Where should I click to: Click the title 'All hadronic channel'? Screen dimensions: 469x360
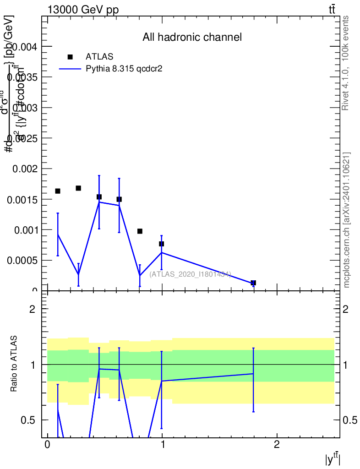point(192,37)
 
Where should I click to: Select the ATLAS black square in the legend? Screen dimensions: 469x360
point(70,57)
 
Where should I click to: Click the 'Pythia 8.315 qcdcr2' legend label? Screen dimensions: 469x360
point(125,69)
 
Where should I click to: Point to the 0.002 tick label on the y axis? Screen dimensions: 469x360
point(27,169)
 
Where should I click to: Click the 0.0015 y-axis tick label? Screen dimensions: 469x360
point(24,199)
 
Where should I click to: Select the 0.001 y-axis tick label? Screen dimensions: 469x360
point(27,229)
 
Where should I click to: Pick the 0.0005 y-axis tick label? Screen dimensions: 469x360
point(24,260)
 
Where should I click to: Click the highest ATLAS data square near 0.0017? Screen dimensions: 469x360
point(78,188)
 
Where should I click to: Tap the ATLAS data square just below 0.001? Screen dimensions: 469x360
point(140,231)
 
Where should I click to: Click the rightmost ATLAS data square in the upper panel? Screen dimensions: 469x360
point(253,283)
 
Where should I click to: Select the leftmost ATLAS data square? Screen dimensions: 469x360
point(58,191)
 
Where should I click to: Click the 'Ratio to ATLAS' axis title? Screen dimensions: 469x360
point(14,364)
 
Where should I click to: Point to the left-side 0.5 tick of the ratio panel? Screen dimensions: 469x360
point(31,420)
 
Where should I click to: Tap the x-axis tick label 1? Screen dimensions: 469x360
point(162,445)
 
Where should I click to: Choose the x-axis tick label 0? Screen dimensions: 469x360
point(47,445)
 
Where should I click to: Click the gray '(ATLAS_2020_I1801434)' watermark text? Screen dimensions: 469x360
point(190,274)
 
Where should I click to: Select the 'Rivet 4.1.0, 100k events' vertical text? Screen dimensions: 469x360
point(346,63)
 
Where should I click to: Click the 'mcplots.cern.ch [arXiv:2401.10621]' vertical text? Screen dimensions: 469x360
point(347,220)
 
